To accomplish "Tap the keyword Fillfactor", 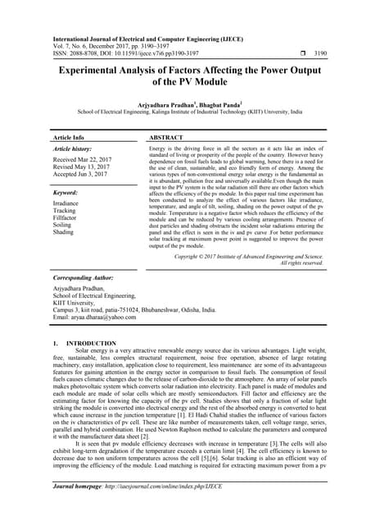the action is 67,217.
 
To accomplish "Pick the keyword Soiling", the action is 64,224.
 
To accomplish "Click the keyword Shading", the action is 65,231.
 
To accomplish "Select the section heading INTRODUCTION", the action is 91,341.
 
